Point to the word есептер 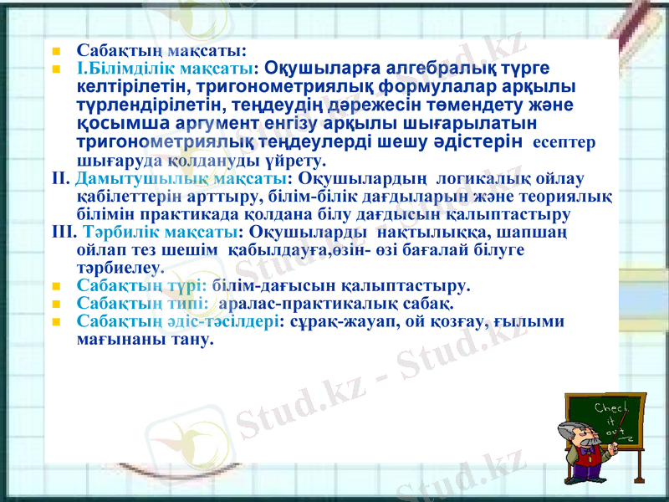pyautogui.click(x=564, y=142)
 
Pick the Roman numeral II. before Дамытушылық pyautogui.click(x=60, y=178)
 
